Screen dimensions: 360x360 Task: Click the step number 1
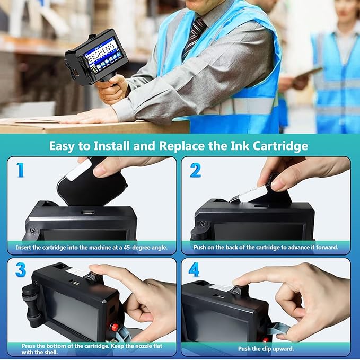20,170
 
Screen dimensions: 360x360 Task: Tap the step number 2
195,170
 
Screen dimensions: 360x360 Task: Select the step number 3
20,270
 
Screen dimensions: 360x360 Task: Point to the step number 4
194,270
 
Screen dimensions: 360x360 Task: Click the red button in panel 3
115,327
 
